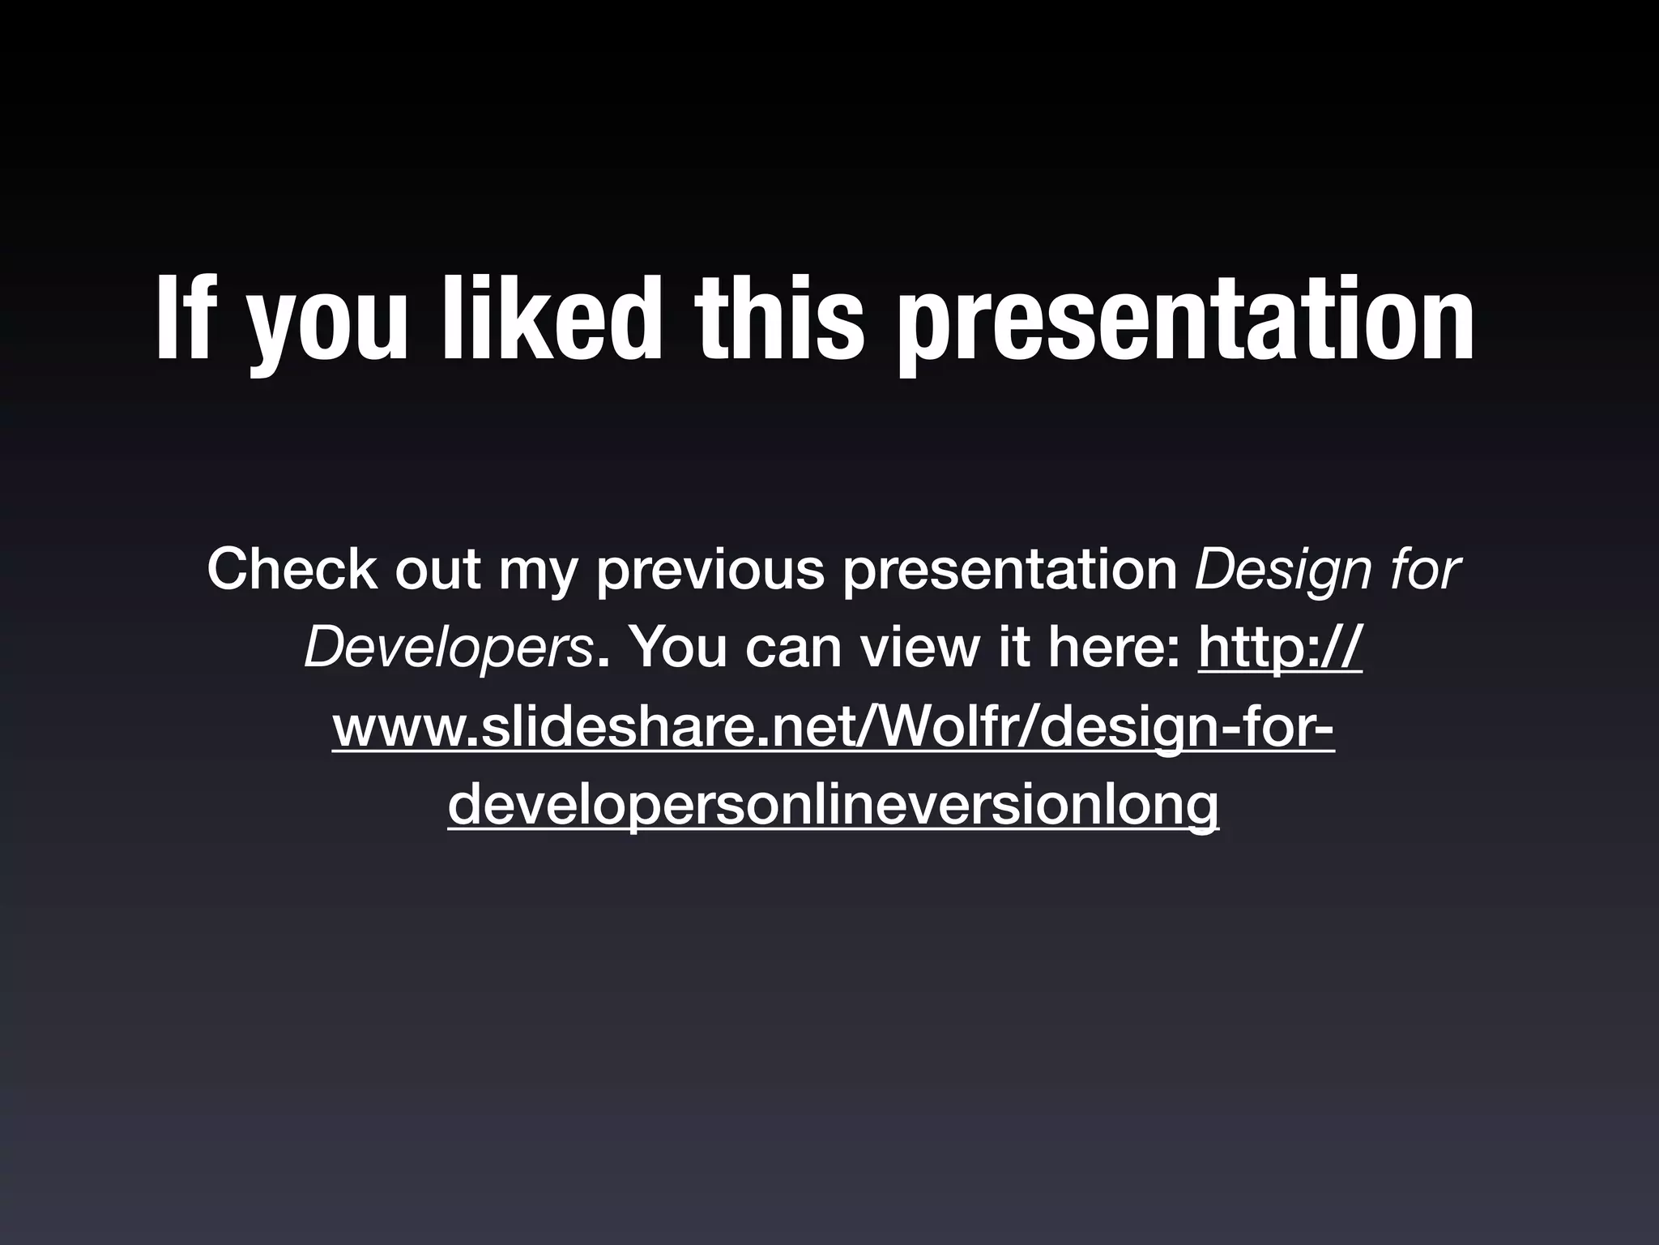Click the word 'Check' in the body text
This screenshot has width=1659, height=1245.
coord(291,569)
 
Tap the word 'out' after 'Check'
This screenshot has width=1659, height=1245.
coord(438,569)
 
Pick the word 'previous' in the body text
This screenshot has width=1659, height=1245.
coord(710,569)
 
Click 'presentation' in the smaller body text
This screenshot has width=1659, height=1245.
coord(1010,571)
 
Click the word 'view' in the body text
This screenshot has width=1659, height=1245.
coord(918,648)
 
